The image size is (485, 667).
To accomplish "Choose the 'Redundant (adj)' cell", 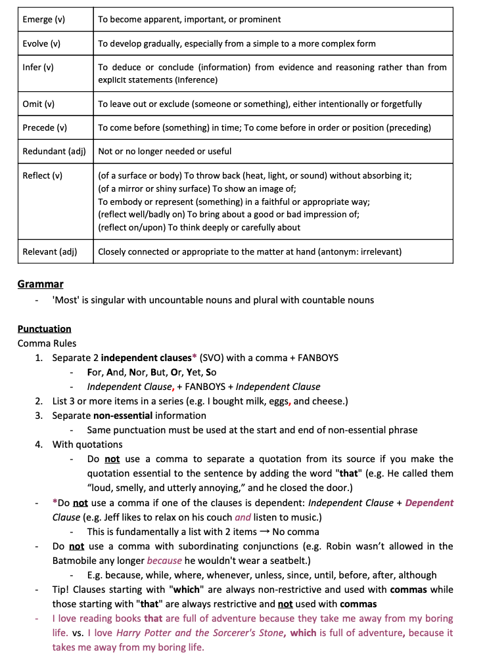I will point(55,152).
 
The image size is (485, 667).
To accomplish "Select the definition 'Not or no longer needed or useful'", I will point(164,152).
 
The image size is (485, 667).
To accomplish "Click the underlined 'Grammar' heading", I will point(41,284).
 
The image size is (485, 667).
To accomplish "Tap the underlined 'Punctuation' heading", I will point(45,329).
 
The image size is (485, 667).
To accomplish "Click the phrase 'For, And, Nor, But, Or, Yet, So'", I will point(152,372).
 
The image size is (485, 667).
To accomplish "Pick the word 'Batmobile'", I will point(80,561).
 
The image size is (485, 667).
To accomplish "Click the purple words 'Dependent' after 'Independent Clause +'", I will point(429,503).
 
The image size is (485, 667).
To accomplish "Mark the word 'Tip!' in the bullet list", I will point(63,590).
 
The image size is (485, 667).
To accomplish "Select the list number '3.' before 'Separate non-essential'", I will point(39,416).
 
